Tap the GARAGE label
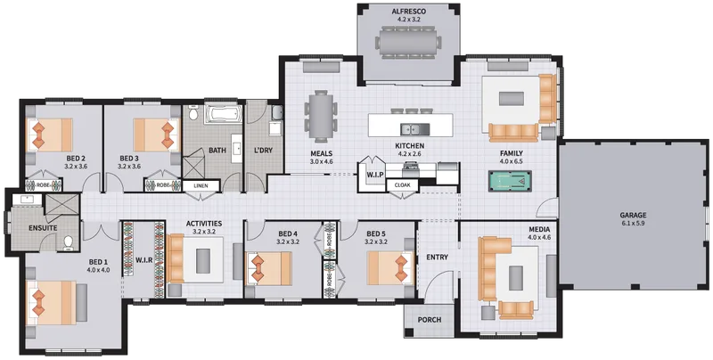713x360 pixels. click(634, 215)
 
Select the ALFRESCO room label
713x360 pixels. click(408, 12)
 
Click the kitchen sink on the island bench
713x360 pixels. click(414, 129)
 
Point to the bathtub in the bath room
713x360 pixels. click(221, 114)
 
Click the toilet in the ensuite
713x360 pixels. click(69, 243)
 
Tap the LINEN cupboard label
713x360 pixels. click(201, 186)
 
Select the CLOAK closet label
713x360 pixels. click(403, 185)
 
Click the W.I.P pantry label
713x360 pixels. click(375, 175)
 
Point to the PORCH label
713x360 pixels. click(430, 320)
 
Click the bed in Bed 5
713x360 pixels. click(389, 267)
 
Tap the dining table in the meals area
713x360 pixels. click(322, 116)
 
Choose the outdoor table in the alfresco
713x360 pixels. click(408, 43)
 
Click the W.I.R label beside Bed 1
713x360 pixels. click(143, 260)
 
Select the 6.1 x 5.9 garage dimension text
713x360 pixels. click(634, 223)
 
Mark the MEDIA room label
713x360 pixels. click(539, 229)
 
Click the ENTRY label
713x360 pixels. click(437, 258)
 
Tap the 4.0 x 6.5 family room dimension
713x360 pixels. click(511, 161)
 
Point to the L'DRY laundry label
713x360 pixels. click(263, 150)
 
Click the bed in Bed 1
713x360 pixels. click(51, 302)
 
